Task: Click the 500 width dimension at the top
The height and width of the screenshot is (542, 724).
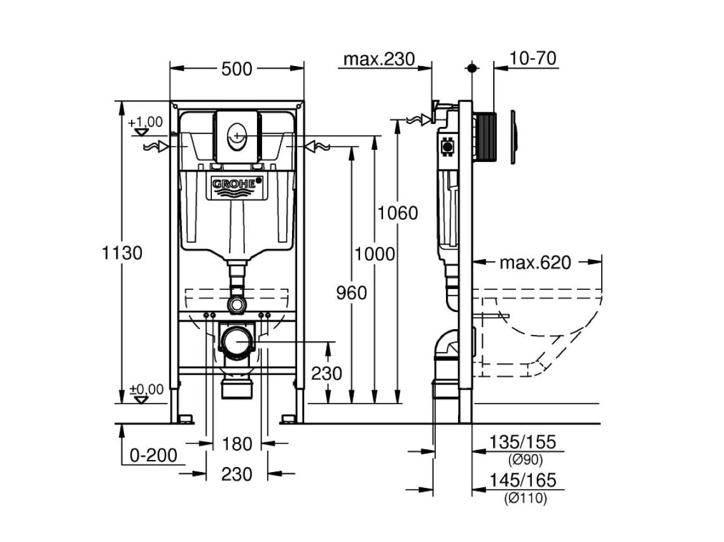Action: [237, 69]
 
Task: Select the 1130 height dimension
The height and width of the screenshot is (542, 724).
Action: [122, 253]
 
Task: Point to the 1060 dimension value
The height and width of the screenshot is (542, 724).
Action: [398, 213]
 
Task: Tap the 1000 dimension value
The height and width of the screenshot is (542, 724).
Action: [375, 254]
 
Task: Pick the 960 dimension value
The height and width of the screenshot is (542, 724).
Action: [351, 293]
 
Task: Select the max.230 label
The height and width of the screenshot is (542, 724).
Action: [380, 60]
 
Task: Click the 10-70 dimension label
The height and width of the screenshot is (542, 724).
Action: [533, 58]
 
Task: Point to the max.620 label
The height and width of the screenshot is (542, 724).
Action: [536, 262]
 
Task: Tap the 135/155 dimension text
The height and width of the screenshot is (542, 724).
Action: [522, 442]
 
